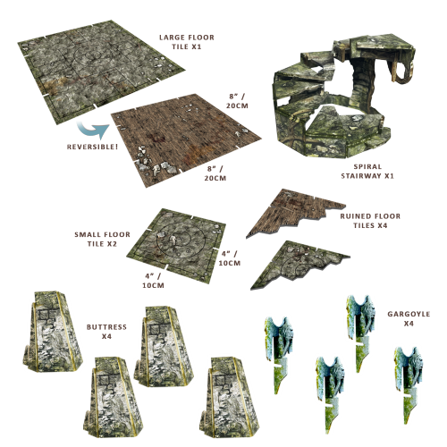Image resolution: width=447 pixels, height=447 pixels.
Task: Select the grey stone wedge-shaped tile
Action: point(295,264)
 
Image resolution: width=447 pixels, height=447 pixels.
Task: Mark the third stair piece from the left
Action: point(161,344)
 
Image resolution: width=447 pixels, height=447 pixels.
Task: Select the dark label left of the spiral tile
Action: point(101,239)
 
